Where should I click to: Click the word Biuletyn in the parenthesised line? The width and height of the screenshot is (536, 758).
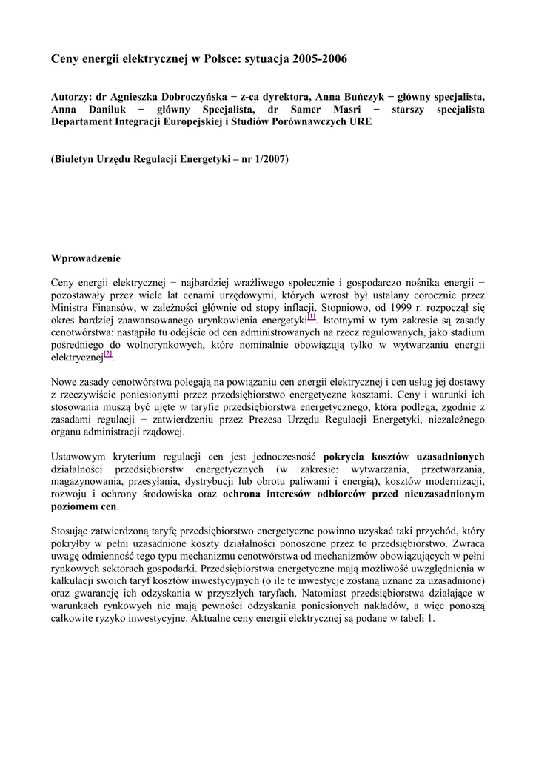(x=76, y=160)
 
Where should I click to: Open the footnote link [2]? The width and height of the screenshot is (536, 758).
(x=107, y=354)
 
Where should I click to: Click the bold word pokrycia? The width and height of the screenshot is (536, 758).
(x=344, y=457)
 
